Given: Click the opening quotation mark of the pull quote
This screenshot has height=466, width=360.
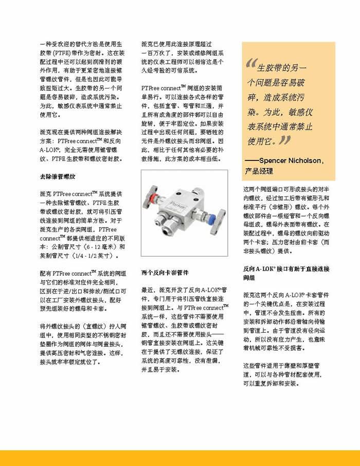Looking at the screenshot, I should tap(250, 64).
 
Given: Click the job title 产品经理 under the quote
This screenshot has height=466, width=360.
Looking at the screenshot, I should tap(259, 171).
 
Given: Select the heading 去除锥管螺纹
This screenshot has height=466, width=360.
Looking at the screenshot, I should tap(58, 176).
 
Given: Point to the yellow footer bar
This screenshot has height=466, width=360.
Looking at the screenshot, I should tap(180, 457).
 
